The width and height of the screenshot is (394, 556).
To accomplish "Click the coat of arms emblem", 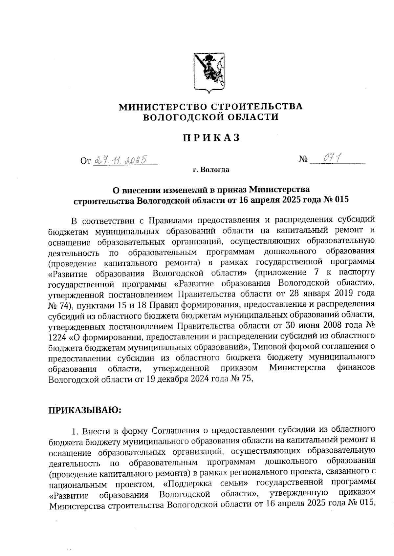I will coord(209,71).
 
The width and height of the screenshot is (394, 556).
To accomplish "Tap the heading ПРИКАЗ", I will coord(211,138).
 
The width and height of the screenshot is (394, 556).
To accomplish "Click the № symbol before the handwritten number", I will coord(303,160).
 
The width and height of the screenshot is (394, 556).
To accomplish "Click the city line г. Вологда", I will coord(211,170).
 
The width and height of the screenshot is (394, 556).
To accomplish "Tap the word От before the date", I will coord(85,161).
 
